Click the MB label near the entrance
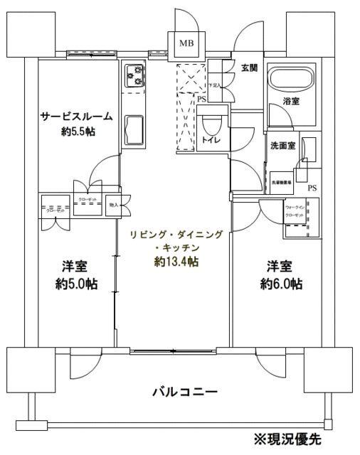[x=186, y=43]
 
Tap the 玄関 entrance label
[x=249, y=68]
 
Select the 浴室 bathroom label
[x=291, y=102]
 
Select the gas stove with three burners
[x=134, y=76]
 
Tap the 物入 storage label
[x=115, y=205]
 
